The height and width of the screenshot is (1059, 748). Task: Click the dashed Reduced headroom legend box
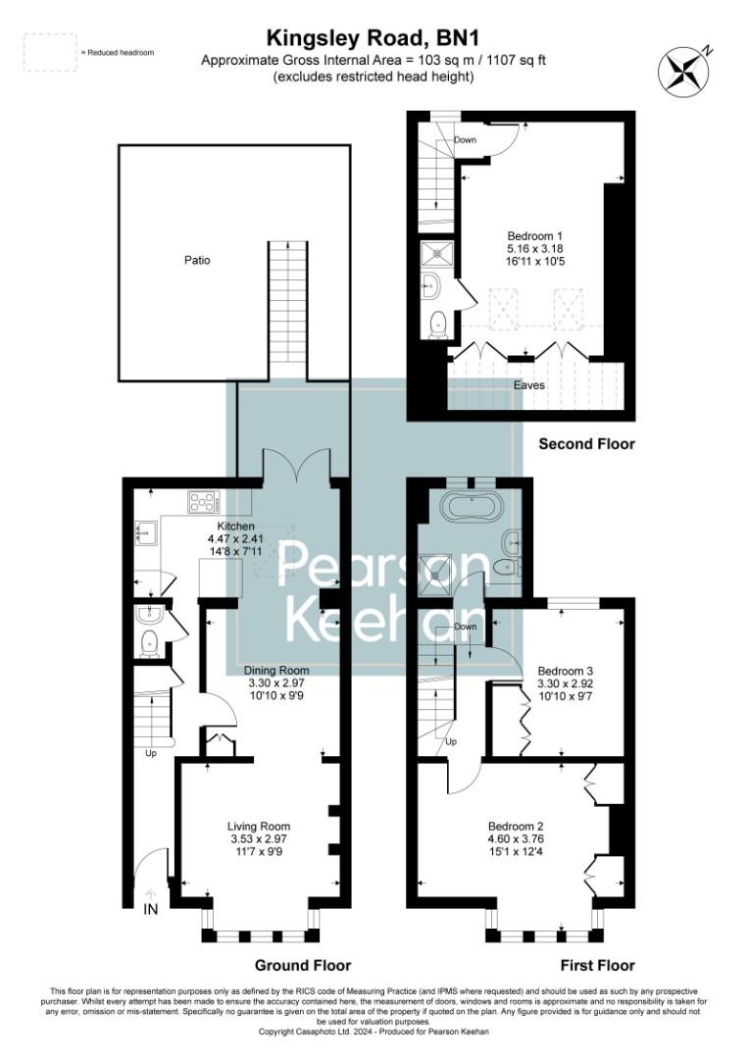50,51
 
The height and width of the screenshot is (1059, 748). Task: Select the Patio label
197,261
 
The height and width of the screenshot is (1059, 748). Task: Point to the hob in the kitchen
203,503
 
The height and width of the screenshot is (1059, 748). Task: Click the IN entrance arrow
150,895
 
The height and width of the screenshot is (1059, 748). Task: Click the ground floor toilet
150,643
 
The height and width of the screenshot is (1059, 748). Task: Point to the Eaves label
529,385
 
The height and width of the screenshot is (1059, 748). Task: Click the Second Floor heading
586,444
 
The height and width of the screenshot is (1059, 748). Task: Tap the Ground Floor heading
302,965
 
